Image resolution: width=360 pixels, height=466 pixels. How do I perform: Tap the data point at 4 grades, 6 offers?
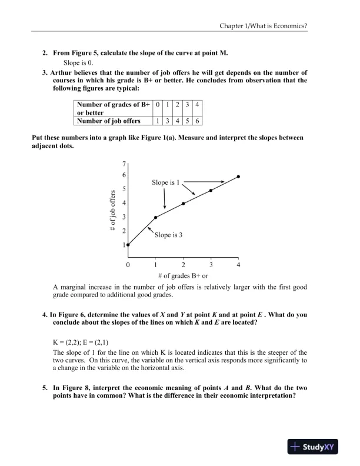pos(238,177)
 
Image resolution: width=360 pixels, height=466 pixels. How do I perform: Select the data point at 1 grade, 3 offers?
pos(155,217)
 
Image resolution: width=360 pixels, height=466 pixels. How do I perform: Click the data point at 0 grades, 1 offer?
pos(128,245)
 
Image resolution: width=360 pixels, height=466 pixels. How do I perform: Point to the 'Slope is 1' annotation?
pos(169,182)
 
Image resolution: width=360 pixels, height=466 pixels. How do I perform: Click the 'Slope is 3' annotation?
pos(169,235)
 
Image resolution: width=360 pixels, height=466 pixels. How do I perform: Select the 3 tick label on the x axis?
pos(211,265)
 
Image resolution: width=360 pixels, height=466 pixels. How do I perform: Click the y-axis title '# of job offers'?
pos(113,211)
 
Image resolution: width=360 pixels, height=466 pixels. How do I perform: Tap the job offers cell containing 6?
pos(197,121)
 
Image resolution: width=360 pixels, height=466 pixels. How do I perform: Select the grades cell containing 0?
pos(158,104)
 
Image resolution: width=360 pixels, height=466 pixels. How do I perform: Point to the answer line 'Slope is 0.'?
pos(78,62)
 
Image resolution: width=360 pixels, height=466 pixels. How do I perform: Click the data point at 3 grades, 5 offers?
pos(211,190)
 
